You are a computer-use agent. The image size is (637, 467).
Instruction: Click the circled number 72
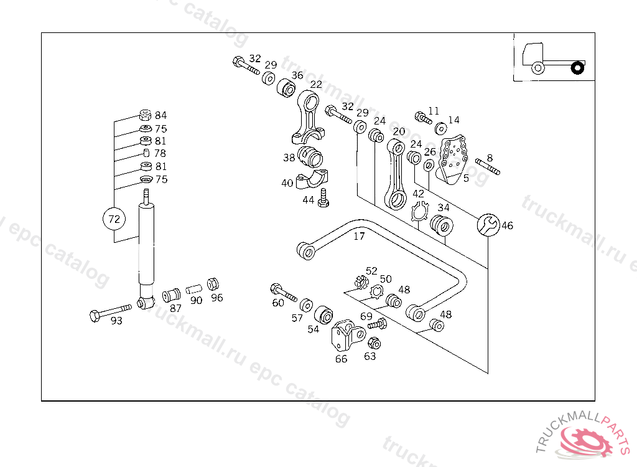(x=114, y=219)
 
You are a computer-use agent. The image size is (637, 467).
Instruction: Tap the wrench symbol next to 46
(x=487, y=225)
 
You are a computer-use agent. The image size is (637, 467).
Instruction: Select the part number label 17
(x=359, y=237)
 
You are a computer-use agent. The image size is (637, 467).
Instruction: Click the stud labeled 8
(x=488, y=167)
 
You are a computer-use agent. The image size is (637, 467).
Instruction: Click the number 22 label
(x=316, y=85)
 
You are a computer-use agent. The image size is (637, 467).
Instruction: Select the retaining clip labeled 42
(x=419, y=212)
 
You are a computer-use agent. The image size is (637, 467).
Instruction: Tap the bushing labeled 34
(x=442, y=224)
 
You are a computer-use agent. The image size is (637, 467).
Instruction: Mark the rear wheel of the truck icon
(x=578, y=67)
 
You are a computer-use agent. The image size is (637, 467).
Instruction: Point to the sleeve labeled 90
(x=193, y=289)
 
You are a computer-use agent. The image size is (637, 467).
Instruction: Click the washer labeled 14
(x=440, y=129)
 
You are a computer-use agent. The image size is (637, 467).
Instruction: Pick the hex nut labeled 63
(x=374, y=343)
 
